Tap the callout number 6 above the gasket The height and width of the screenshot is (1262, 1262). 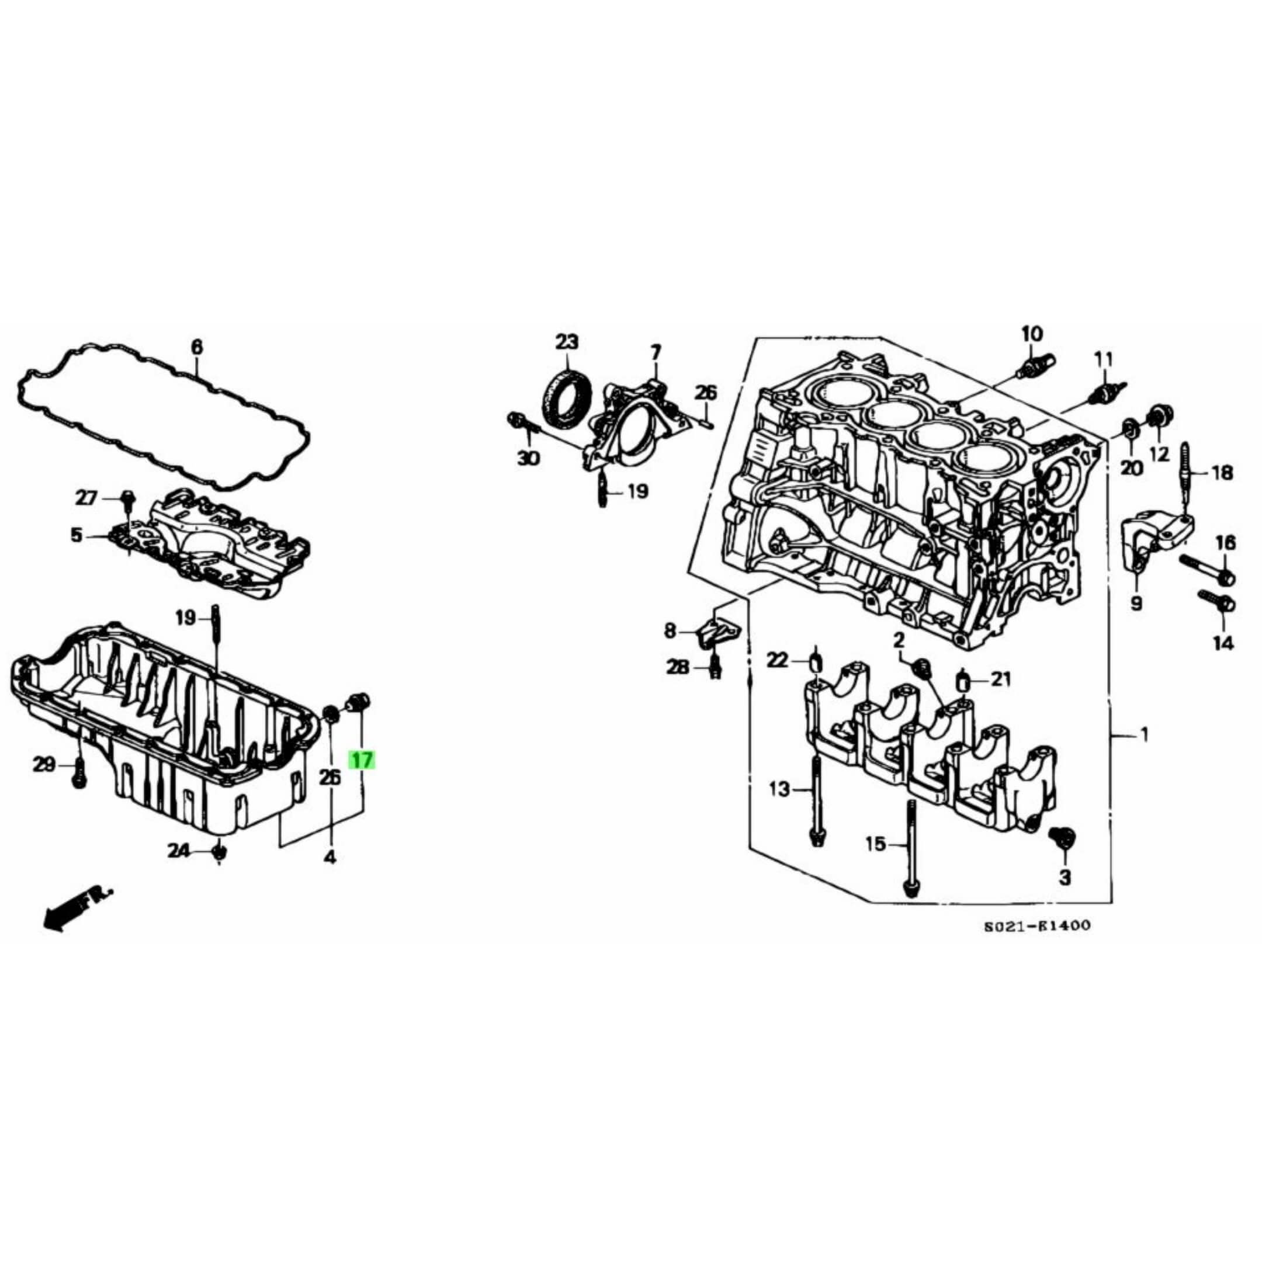[197, 347]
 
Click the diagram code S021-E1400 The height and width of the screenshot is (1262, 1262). [1037, 925]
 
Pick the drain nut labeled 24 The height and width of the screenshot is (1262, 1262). [220, 852]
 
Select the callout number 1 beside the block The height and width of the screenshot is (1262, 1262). [1144, 736]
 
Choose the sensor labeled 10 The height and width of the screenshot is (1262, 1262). [1035, 367]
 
